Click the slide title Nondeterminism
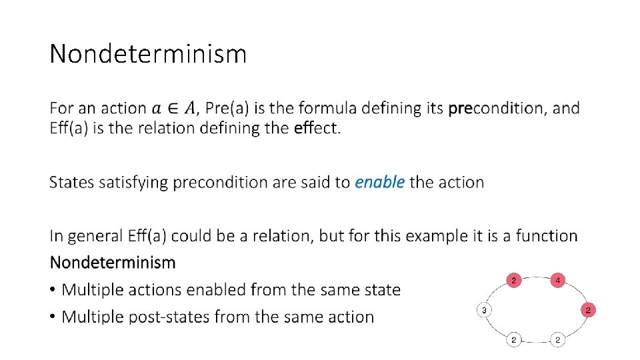coord(148,53)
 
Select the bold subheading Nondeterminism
coord(113,262)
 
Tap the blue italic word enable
coord(379,182)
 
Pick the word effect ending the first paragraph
coord(317,127)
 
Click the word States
coord(71,182)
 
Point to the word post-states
coord(170,317)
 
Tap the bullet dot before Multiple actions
coord(53,290)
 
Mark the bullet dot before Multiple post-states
coord(53,317)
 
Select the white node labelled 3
coord(485,310)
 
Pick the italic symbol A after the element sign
coord(191,108)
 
